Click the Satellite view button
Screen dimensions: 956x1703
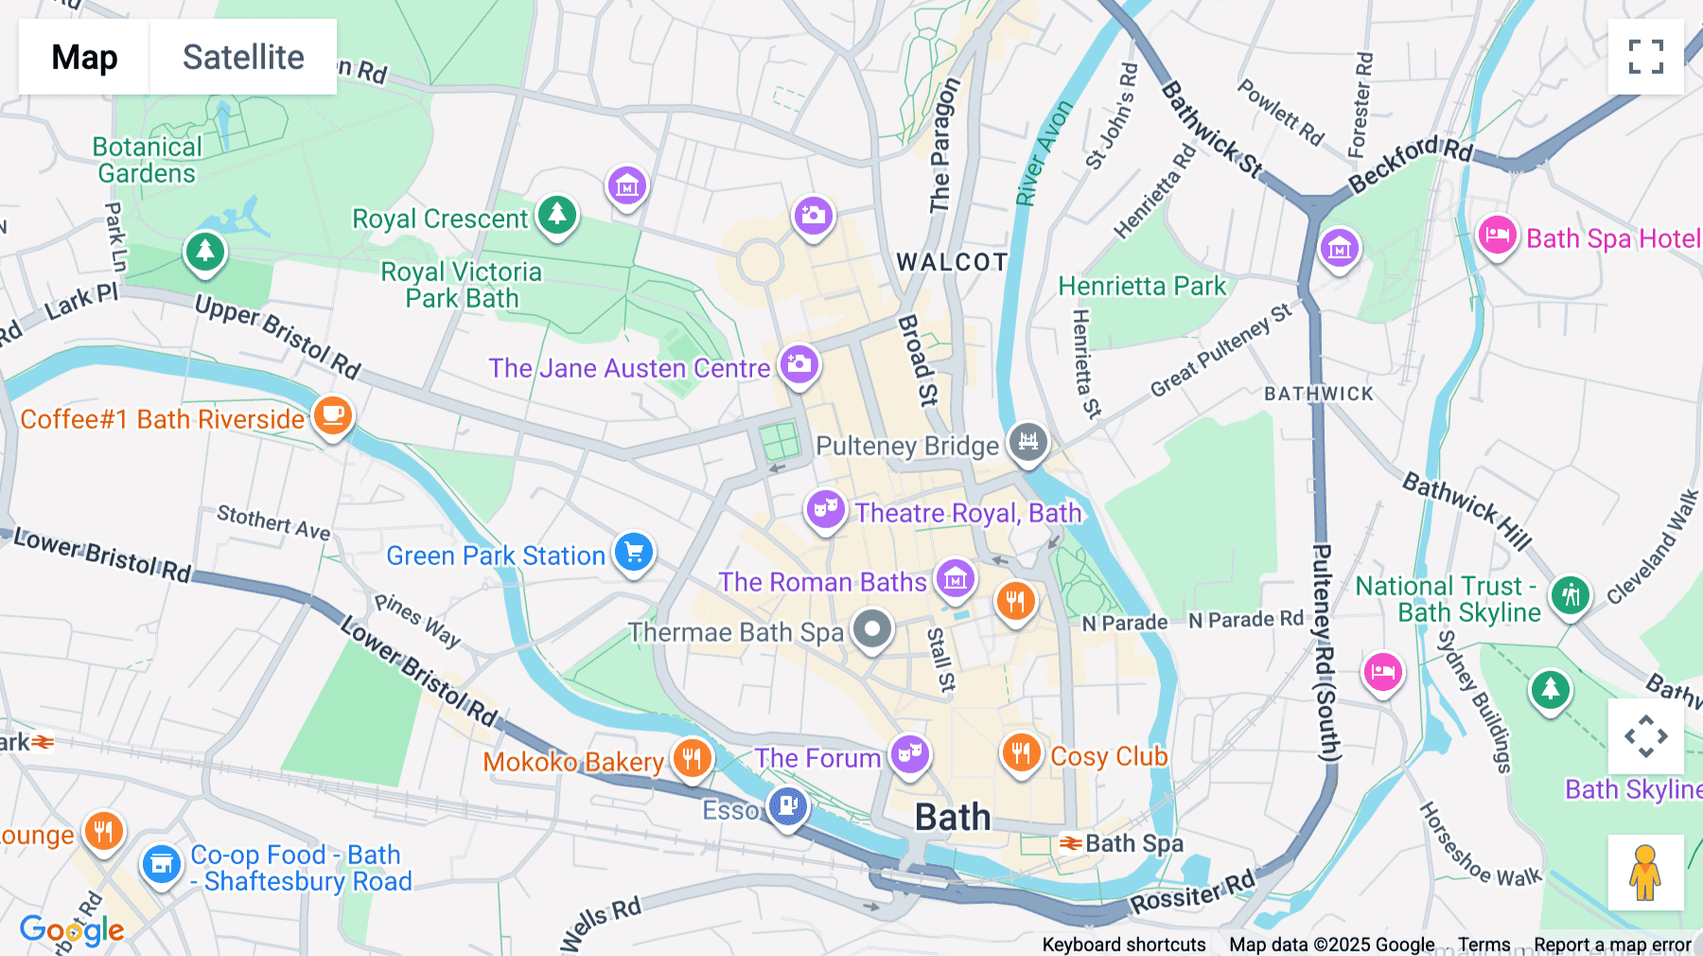pos(243,57)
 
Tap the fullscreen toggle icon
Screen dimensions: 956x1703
pos(1645,57)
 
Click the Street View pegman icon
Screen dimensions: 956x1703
pos(1645,872)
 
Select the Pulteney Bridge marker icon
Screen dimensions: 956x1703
pos(1027,442)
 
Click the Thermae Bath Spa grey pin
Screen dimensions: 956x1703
pos(871,629)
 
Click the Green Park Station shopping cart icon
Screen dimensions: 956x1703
pos(634,552)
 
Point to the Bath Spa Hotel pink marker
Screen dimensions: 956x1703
pos(1497,236)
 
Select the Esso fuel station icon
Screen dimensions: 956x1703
pos(787,806)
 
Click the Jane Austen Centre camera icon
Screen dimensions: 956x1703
pos(799,364)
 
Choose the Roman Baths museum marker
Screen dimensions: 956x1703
pos(956,578)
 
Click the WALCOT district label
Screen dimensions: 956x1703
pos(952,262)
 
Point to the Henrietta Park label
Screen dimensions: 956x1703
pos(1141,286)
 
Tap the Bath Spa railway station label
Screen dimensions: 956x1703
pos(1132,842)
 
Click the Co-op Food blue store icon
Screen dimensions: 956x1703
pos(162,865)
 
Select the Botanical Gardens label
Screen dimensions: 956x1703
pos(147,160)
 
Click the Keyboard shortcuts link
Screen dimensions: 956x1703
pos(1123,944)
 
